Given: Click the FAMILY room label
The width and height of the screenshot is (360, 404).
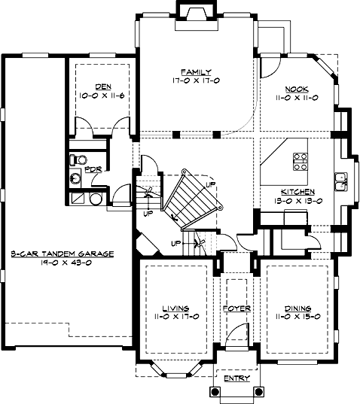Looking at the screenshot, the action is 196,71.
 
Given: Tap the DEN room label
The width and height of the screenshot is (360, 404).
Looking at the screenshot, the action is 103,87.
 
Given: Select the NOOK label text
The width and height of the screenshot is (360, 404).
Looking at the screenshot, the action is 297,89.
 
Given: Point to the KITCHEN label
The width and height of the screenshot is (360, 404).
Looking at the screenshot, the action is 297,192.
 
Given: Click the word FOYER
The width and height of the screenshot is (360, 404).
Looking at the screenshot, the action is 236,308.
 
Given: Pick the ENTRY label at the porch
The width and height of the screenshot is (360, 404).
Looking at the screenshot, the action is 237,378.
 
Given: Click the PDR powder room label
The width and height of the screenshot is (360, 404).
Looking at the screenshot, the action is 93,170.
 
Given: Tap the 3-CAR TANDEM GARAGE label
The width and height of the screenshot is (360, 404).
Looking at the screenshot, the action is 63,254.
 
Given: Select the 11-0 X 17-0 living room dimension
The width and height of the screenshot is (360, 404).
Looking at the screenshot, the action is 177,317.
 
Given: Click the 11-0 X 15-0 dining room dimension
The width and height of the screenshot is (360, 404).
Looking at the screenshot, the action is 298,317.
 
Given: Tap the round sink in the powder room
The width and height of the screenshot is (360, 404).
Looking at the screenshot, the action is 75,178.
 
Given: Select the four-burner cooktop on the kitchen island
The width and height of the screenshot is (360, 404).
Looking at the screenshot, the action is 301,162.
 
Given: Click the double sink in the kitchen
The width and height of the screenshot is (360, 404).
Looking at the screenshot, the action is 340,182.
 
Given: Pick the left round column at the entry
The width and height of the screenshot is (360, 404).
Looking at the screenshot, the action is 215,392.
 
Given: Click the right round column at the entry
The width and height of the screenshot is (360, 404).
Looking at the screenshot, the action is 258,392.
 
